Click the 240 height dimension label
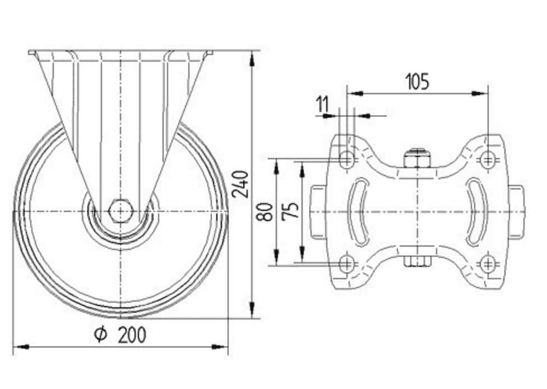click(x=240, y=184)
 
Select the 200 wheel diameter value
click(x=132, y=334)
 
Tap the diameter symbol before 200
click(x=100, y=334)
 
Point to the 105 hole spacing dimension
click(x=417, y=82)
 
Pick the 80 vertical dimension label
click(x=265, y=211)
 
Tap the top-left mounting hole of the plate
click(x=346, y=160)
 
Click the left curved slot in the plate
click(x=356, y=211)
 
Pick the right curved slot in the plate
click(x=476, y=211)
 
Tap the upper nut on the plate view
click(x=417, y=159)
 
